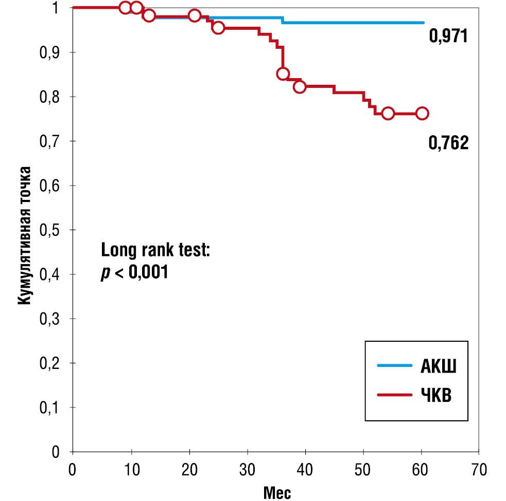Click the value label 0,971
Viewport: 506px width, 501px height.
point(448,37)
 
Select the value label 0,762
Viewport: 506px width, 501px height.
point(448,143)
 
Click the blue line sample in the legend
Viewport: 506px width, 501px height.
point(395,365)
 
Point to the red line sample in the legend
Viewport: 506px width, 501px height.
point(395,395)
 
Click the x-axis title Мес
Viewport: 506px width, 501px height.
point(277,492)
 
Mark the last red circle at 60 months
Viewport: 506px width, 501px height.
point(422,114)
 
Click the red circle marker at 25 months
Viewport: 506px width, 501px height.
point(218,28)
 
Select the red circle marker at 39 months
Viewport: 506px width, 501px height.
point(300,87)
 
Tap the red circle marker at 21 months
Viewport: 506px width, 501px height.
point(194,15)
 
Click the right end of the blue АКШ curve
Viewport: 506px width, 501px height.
point(424,23)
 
